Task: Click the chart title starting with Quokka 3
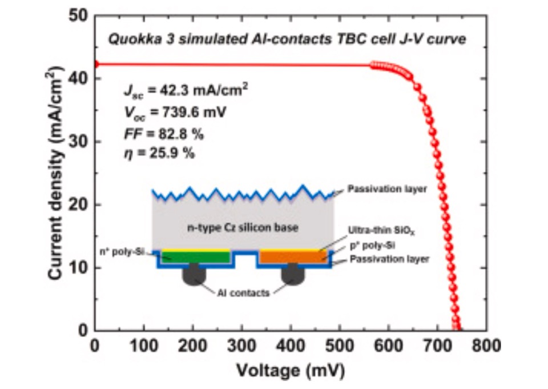click(287, 39)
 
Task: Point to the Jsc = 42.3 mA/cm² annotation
click(186, 90)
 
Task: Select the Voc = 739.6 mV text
click(175, 113)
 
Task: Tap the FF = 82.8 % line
click(164, 134)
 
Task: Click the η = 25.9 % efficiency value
click(159, 153)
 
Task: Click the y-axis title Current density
click(55, 173)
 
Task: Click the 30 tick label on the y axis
click(78, 141)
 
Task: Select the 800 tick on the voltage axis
click(486, 346)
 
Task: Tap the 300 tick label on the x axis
click(241, 346)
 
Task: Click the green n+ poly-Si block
click(196, 257)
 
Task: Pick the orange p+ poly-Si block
click(293, 257)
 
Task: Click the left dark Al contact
click(194, 274)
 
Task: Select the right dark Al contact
click(293, 274)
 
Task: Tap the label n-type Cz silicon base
click(243, 228)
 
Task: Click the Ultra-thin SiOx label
click(381, 231)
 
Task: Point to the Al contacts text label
click(243, 293)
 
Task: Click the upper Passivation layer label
click(387, 189)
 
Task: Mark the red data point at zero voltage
click(95, 64)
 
